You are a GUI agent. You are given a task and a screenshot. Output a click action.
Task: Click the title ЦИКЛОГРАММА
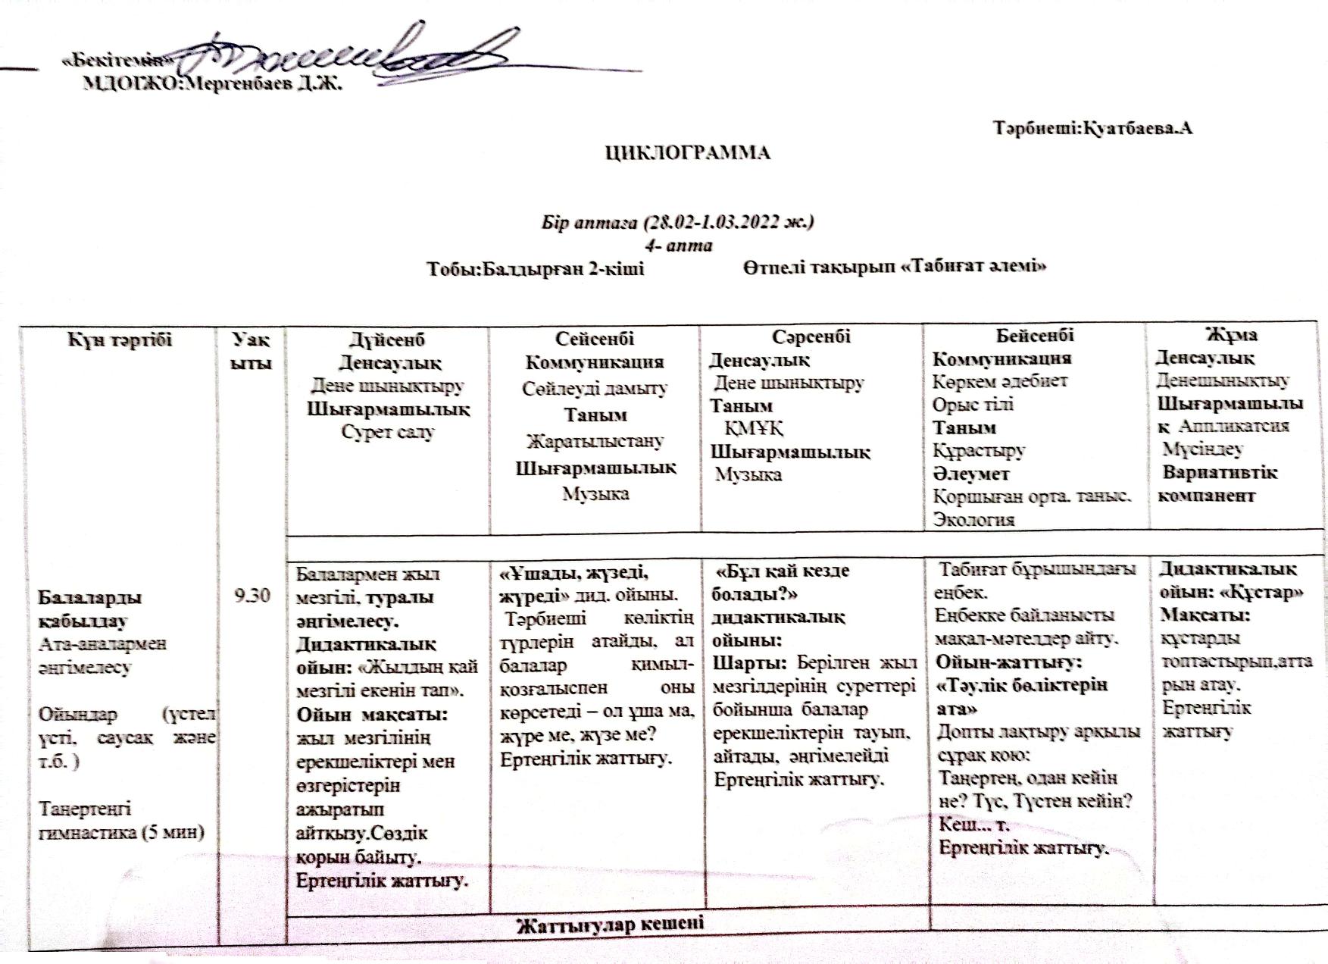click(687, 153)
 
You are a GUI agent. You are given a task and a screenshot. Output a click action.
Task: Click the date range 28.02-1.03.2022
click(720, 223)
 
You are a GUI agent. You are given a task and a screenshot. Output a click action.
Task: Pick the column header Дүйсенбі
click(386, 340)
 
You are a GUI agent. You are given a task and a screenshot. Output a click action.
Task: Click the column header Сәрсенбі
click(811, 336)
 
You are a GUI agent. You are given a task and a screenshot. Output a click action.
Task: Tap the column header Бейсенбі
click(1034, 335)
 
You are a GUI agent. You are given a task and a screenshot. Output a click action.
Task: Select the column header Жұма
click(1230, 334)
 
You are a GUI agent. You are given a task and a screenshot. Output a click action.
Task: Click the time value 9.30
click(252, 596)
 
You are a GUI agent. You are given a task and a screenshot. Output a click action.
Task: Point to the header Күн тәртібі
click(120, 339)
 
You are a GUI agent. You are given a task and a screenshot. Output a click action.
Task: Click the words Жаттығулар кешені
click(609, 924)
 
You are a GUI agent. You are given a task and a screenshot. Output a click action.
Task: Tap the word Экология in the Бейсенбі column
click(973, 520)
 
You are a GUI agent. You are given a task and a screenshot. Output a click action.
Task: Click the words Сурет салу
click(387, 432)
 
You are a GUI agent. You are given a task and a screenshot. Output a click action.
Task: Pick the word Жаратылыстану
click(595, 441)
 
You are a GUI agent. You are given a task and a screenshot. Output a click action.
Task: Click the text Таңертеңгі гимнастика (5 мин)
click(121, 820)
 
